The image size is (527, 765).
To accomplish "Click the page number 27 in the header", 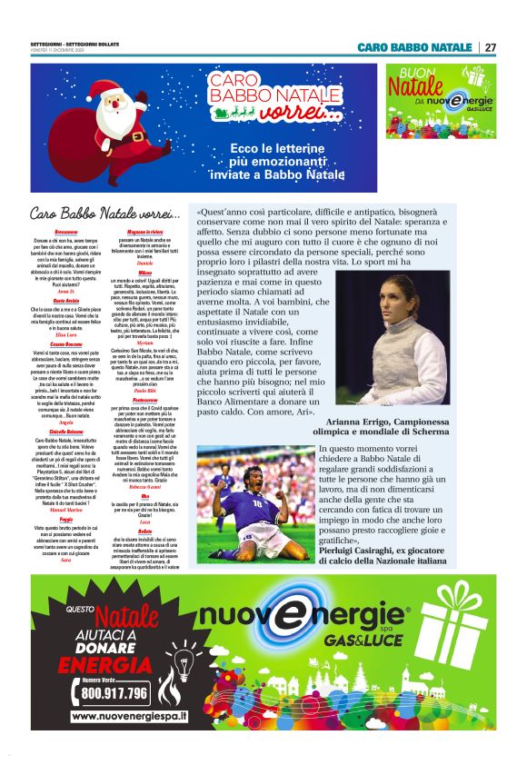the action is click(x=491, y=46).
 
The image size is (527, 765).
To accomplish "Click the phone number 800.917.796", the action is click(x=114, y=691).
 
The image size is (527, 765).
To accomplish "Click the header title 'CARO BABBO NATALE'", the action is click(x=414, y=46).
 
